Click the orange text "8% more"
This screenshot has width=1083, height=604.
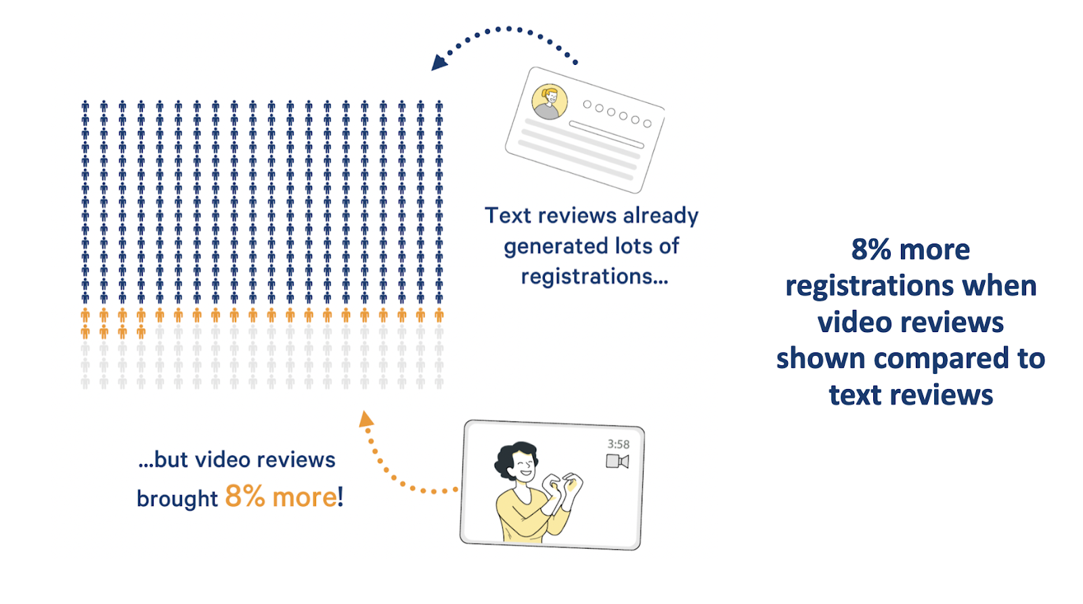[x=280, y=497]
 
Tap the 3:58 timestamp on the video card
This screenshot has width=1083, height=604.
[x=618, y=444]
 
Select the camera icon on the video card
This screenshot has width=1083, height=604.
[x=617, y=462]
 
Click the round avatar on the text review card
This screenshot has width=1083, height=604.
[x=549, y=101]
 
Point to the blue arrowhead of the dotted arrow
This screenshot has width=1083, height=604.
[x=439, y=63]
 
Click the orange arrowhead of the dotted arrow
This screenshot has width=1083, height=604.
[x=366, y=419]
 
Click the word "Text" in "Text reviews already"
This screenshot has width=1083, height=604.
[x=508, y=215]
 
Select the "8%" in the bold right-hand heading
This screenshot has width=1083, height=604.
[x=870, y=250]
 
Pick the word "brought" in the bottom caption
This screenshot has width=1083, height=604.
[x=177, y=498]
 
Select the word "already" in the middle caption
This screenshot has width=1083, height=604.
[x=661, y=215]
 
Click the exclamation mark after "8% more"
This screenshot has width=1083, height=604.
[x=340, y=497]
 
